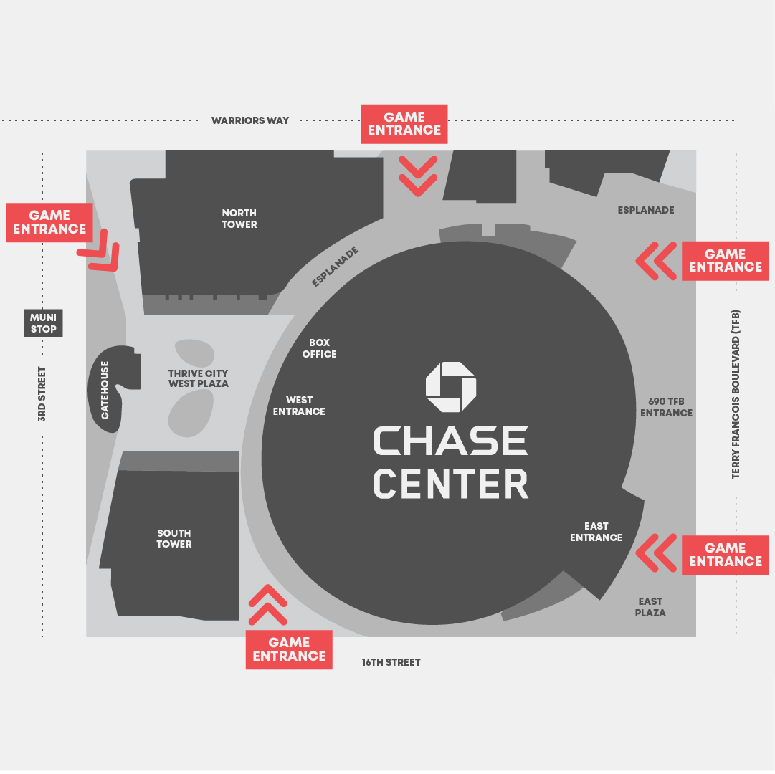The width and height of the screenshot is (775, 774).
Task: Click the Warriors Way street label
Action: [250, 120]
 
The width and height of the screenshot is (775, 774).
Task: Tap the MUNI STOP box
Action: [44, 323]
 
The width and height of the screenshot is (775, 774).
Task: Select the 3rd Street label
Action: [42, 394]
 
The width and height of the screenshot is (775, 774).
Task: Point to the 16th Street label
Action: [391, 662]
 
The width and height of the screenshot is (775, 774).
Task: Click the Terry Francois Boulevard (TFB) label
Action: [736, 394]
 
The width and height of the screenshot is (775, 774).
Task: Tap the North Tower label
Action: [239, 219]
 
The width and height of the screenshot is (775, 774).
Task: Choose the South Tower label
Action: [174, 538]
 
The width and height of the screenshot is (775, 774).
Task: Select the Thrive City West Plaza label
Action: [199, 378]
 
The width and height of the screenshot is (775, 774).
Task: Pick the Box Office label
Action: [319, 348]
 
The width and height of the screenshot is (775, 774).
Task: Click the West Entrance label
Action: [299, 406]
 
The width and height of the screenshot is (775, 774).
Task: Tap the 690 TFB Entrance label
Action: [666, 407]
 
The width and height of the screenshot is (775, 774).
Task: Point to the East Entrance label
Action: [596, 532]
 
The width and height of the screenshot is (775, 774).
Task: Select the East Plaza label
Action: [650, 607]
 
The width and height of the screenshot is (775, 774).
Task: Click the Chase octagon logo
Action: [451, 387]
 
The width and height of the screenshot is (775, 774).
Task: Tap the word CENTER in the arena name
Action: [451, 484]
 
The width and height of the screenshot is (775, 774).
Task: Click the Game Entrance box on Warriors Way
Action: [404, 124]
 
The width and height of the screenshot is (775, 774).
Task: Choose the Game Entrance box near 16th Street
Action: [289, 649]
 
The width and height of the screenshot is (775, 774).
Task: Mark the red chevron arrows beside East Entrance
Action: [656, 553]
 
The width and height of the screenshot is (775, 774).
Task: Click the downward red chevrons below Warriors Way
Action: [418, 176]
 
